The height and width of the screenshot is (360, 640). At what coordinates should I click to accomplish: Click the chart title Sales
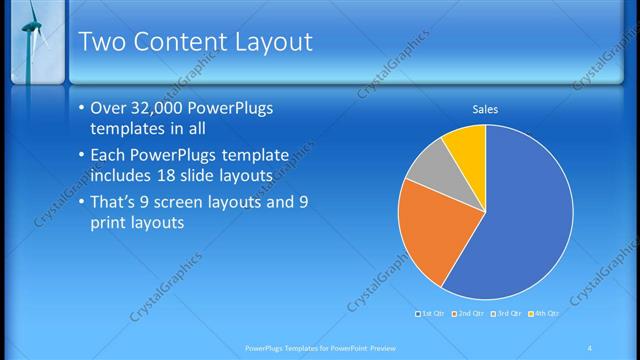pyautogui.click(x=485, y=109)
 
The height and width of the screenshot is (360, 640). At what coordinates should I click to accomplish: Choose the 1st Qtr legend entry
pyautogui.click(x=433, y=314)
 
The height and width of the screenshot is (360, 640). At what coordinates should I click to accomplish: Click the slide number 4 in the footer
pyautogui.click(x=590, y=347)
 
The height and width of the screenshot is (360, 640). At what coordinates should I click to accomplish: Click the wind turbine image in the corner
pyautogui.click(x=33, y=40)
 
